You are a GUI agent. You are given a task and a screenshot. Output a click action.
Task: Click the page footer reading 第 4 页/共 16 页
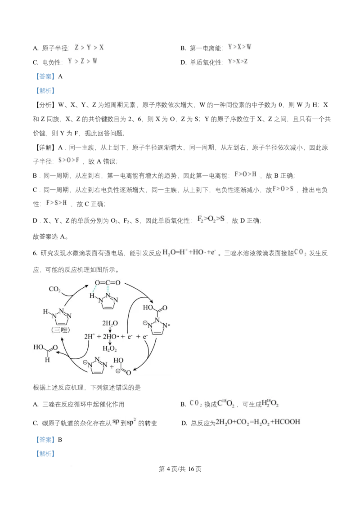(x=180, y=469)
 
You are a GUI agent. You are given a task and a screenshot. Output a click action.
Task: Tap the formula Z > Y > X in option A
(x=89, y=47)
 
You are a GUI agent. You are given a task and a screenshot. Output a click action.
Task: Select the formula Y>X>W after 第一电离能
(x=239, y=47)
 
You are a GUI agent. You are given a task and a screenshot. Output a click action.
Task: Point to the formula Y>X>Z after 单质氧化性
(x=238, y=61)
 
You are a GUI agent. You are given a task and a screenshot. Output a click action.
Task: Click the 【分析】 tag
(x=45, y=105)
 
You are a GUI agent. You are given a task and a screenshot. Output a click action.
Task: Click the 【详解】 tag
(x=45, y=147)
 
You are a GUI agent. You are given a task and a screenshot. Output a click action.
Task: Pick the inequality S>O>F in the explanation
(x=68, y=160)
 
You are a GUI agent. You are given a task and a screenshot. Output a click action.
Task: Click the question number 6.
(x=35, y=253)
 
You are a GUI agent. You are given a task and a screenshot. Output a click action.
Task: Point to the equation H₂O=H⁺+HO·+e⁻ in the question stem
(x=189, y=252)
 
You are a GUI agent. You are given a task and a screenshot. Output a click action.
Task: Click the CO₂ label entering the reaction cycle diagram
(x=54, y=289)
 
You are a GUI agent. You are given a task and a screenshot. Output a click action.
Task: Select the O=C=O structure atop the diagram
(x=108, y=283)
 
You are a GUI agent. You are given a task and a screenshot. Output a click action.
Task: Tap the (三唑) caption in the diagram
(x=60, y=330)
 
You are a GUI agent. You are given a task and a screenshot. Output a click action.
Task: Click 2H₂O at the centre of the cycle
(x=110, y=323)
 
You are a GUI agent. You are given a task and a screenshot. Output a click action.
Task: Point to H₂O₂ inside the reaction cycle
(x=109, y=349)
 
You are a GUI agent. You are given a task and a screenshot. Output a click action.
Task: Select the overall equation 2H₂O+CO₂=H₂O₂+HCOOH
(x=258, y=422)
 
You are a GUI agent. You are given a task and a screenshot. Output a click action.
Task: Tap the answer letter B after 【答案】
(x=60, y=440)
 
